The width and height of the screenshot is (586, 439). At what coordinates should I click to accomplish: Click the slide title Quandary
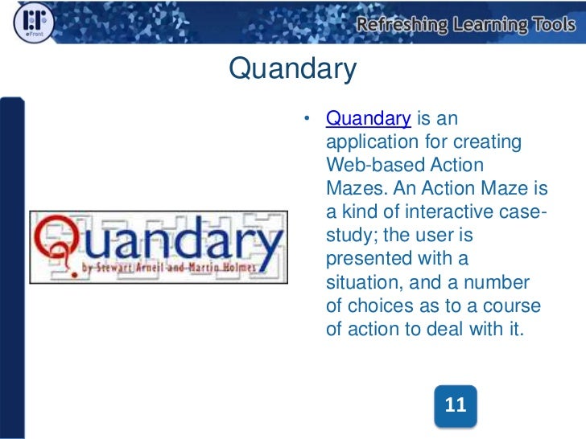(x=293, y=70)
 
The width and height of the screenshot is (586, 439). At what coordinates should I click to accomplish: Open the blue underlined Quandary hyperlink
(x=369, y=119)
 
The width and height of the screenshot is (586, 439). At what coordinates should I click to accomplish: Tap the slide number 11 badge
(x=456, y=405)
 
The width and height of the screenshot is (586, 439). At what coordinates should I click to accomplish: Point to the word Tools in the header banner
(x=553, y=25)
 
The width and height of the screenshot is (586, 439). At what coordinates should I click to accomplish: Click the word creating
(x=491, y=142)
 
